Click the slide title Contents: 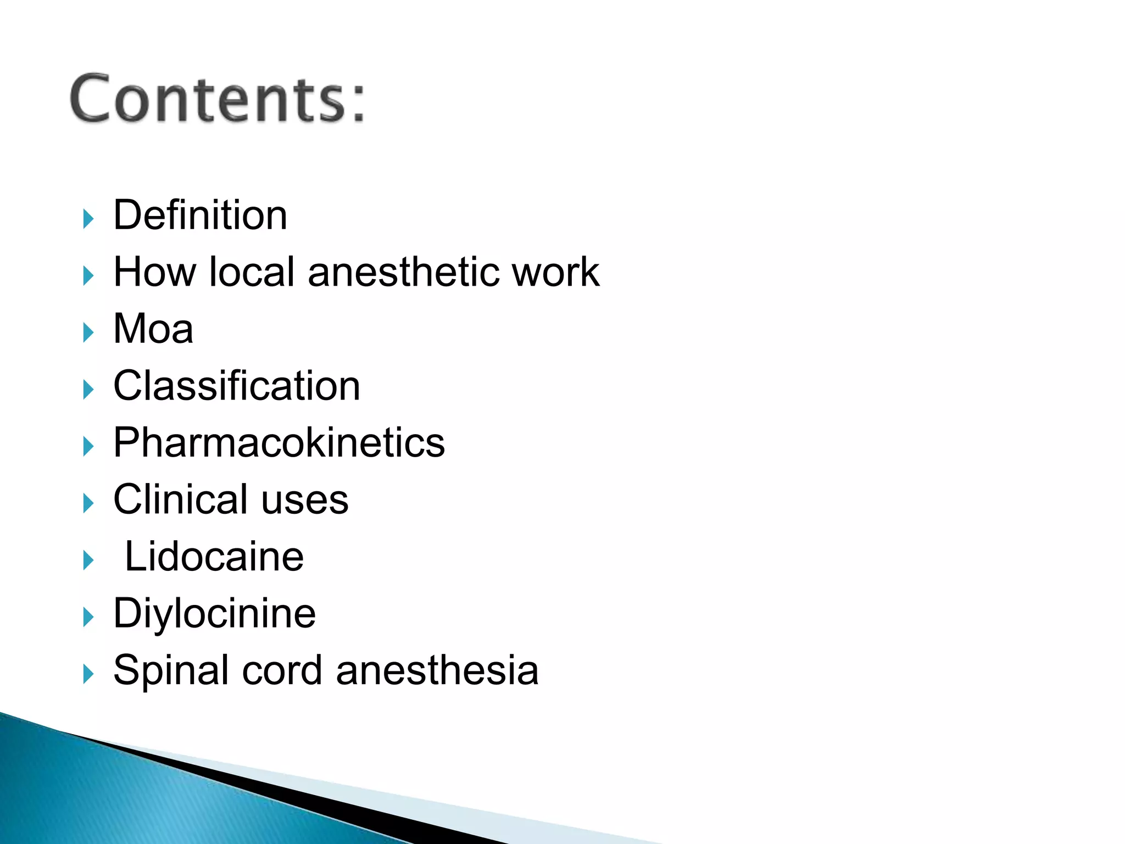(217, 99)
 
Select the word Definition (200, 215)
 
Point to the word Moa (153, 329)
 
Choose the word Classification (237, 386)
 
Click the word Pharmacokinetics (279, 442)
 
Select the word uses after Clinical (305, 499)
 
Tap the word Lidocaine (214, 557)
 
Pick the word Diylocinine (214, 613)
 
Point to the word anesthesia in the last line (437, 670)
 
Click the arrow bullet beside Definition (88, 219)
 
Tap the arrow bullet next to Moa (88, 332)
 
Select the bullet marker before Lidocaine (88, 560)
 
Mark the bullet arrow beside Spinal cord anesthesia (88, 674)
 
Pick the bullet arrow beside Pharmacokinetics (88, 446)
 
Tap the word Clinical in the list (181, 499)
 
